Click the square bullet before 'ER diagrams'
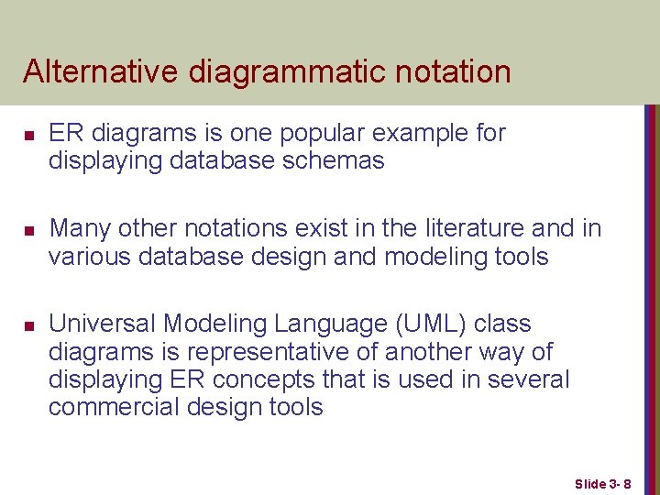pos(28,135)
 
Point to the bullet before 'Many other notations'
pos(28,230)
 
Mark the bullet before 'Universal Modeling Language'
pos(28,326)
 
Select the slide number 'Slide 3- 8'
pos(609,482)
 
